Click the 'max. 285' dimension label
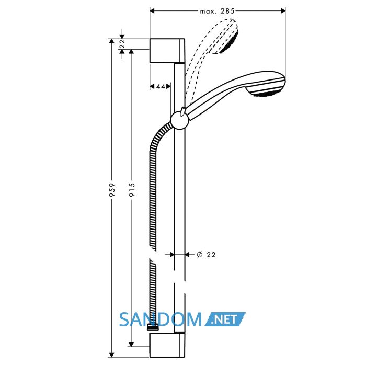pos(217,11)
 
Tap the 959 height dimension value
pos(112,189)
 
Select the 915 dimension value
pos(132,189)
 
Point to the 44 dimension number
pos(161,86)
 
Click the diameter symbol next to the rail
pos(200,255)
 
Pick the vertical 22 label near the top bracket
pos(122,44)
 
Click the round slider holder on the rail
pos(179,120)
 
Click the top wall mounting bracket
pos(167,51)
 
